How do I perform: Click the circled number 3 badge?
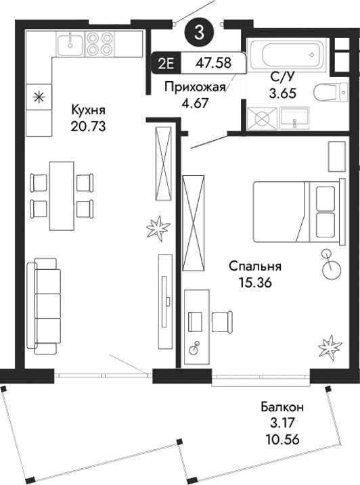click(199, 30)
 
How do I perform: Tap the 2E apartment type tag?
click(164, 63)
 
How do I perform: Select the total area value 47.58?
click(212, 63)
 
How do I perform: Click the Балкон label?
click(282, 407)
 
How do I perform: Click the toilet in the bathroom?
click(330, 92)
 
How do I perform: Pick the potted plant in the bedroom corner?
click(330, 348)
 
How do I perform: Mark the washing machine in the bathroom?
click(260, 118)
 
